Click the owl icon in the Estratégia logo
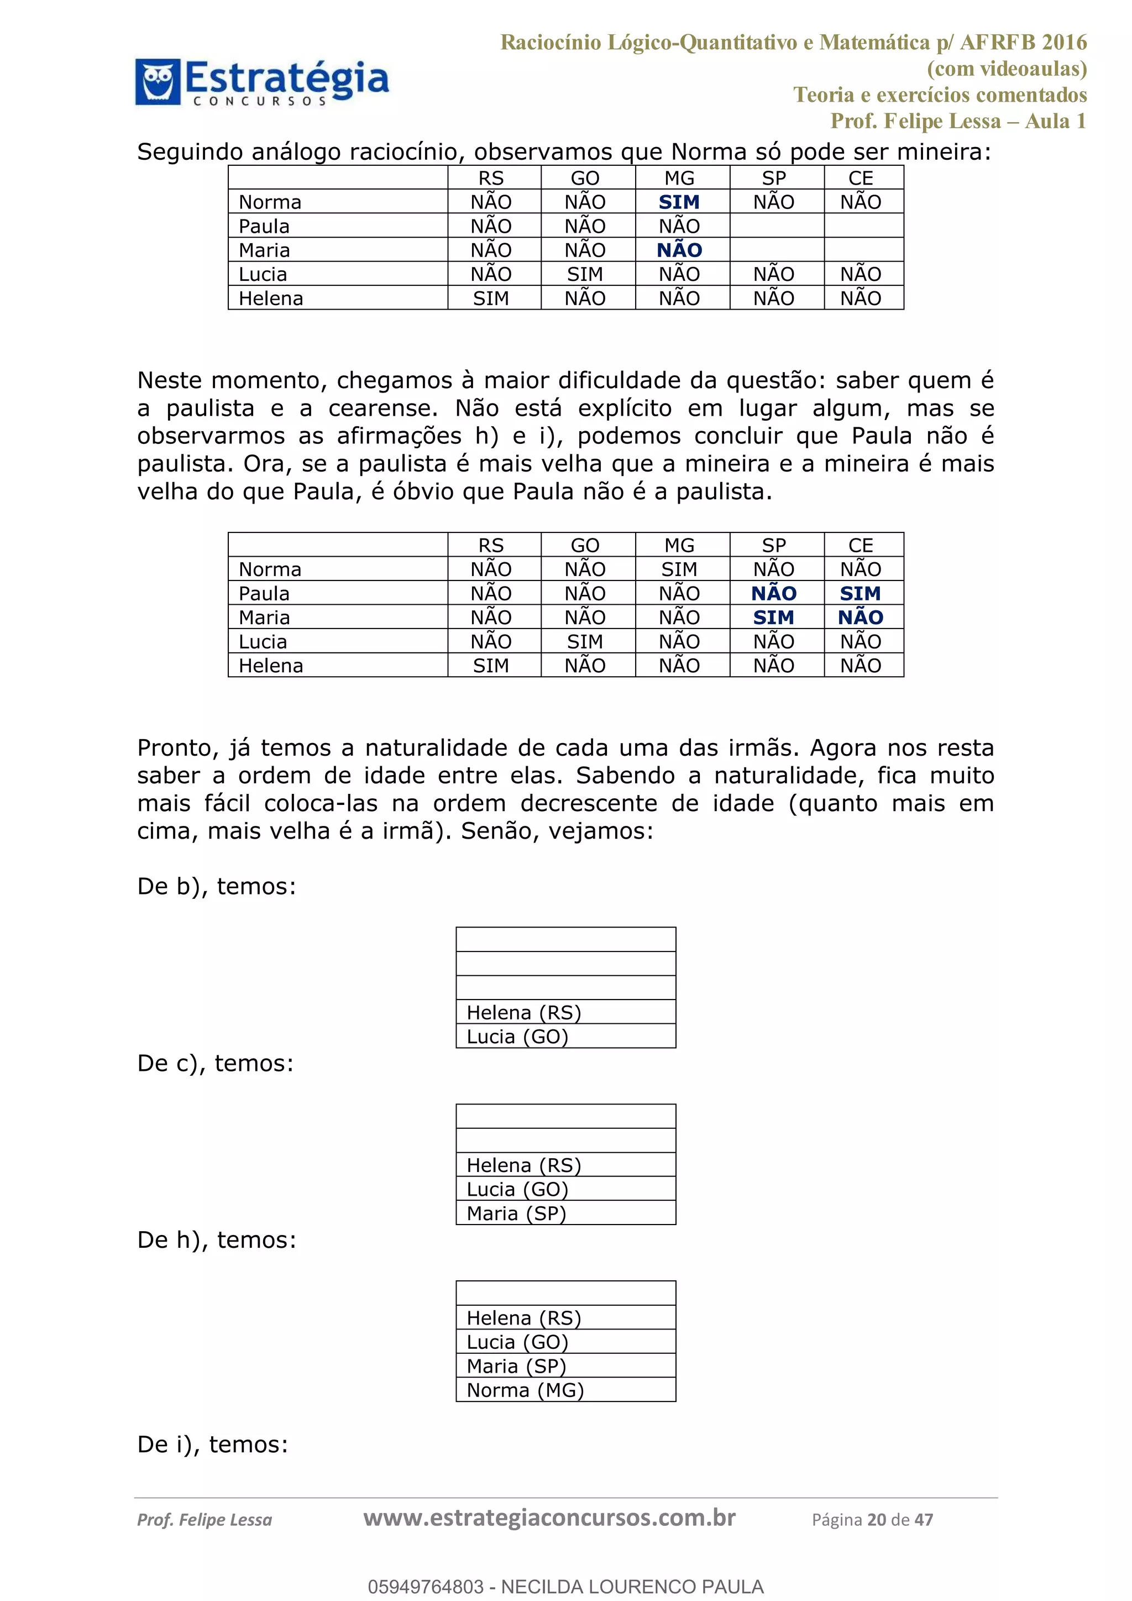[158, 82]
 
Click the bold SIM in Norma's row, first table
[679, 202]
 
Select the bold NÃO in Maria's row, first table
[679, 250]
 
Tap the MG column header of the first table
[679, 179]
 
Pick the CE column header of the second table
[860, 545]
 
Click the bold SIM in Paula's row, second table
[860, 593]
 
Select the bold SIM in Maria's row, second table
[773, 617]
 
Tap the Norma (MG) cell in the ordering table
[525, 1390]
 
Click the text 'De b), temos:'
[216, 886]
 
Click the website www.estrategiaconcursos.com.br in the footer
[549, 1518]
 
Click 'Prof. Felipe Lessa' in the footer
[204, 1519]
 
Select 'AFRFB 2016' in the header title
[1023, 43]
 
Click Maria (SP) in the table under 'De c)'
[516, 1213]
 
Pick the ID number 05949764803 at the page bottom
[425, 1587]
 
